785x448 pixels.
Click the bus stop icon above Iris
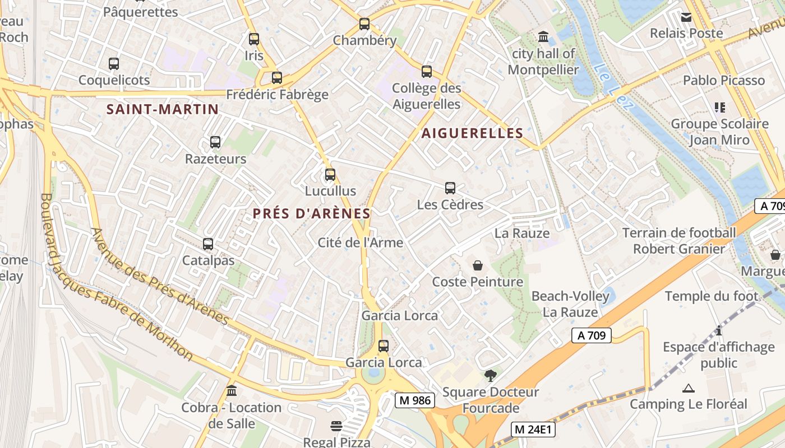(254, 39)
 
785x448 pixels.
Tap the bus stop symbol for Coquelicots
(114, 64)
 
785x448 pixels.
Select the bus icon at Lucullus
(330, 175)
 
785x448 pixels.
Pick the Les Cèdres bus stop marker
(450, 188)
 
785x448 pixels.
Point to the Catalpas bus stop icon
(208, 244)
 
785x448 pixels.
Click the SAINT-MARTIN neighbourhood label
(163, 109)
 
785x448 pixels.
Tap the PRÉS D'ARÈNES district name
(312, 213)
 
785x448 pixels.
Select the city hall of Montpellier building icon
(543, 38)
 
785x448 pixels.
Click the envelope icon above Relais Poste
(686, 17)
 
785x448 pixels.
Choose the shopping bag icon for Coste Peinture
(478, 265)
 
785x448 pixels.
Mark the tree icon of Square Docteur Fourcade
(491, 375)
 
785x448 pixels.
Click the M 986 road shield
(415, 400)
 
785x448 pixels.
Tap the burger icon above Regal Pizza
(336, 426)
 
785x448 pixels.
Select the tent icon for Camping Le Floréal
(688, 388)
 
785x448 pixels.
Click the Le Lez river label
(611, 83)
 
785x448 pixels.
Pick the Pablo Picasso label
(723, 80)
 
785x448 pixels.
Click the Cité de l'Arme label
(361, 242)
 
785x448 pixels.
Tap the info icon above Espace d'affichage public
(718, 330)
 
